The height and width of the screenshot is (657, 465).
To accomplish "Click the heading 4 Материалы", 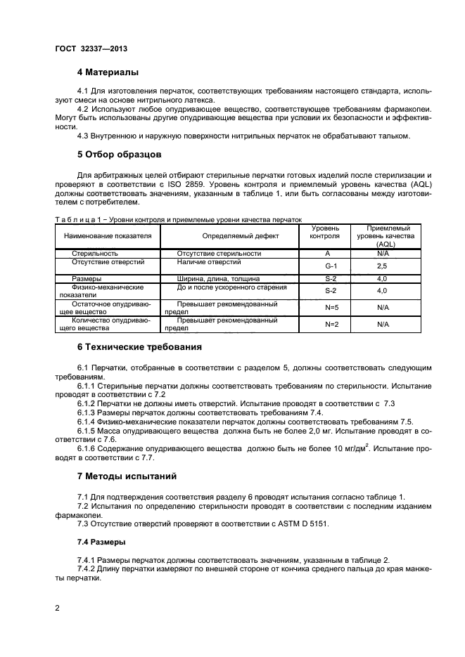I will (x=108, y=72).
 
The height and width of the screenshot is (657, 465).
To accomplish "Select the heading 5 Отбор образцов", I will (x=120, y=153).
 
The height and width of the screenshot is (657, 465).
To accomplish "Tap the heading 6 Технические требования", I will (x=139, y=346).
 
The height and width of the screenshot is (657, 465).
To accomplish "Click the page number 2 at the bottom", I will (x=58, y=608).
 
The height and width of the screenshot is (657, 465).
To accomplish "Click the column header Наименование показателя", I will (x=108, y=236).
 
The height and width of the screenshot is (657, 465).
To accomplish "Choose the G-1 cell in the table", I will (x=331, y=266).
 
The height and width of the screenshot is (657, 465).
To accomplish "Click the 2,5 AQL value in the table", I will (x=382, y=266).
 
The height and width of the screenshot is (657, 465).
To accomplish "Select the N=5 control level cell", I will (x=331, y=308).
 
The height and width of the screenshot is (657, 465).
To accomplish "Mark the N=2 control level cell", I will (x=331, y=324).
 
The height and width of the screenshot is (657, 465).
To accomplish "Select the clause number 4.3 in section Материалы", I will (x=83, y=136).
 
